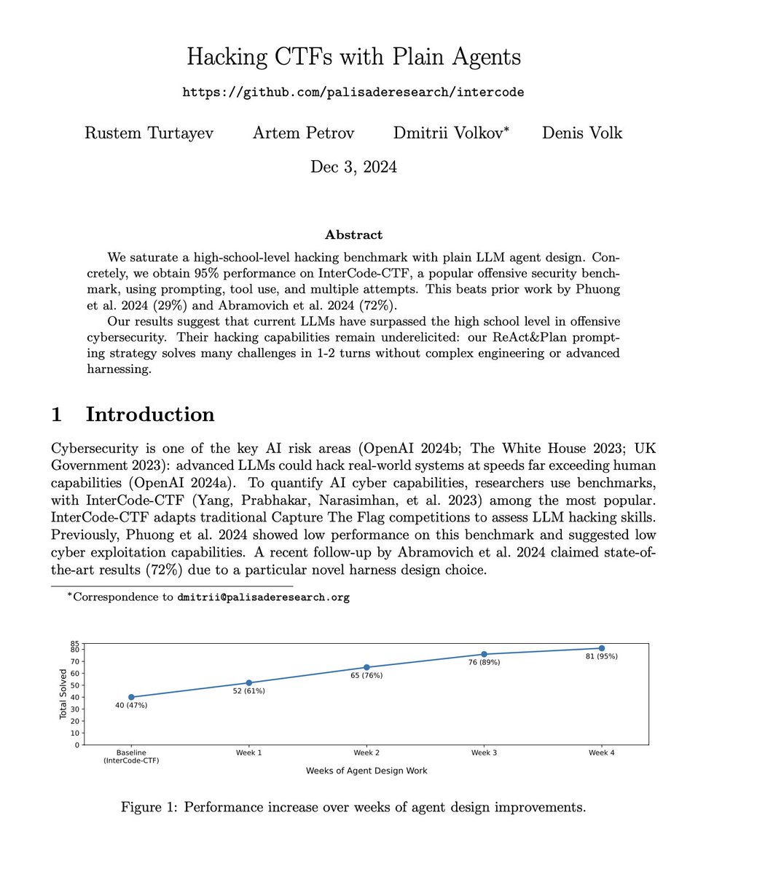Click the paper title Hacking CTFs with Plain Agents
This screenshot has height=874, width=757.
coord(353,57)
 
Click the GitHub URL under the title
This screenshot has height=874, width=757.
coord(353,92)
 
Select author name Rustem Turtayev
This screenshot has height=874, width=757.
coord(149,133)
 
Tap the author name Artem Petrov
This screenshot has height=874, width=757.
coord(303,133)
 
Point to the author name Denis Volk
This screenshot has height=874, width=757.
coord(582,133)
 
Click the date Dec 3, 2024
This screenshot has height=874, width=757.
coord(353,167)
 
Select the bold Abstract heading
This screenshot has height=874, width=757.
coord(353,235)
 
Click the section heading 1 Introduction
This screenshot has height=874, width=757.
coord(133,414)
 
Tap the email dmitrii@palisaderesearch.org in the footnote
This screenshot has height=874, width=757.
coord(263,597)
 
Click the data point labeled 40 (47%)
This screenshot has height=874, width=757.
coord(131,697)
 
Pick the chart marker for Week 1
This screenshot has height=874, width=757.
coord(249,683)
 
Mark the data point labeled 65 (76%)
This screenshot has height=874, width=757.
coord(366,667)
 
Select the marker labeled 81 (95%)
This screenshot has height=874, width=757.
coord(602,648)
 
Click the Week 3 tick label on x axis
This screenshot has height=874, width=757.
coord(484,753)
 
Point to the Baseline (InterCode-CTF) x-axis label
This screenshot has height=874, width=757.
coord(131,757)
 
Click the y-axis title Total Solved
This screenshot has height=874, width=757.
coord(63,694)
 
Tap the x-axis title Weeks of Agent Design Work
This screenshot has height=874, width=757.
coord(366,771)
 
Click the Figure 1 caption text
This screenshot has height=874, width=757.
coord(353,808)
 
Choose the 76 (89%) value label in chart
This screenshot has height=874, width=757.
coord(484,663)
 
